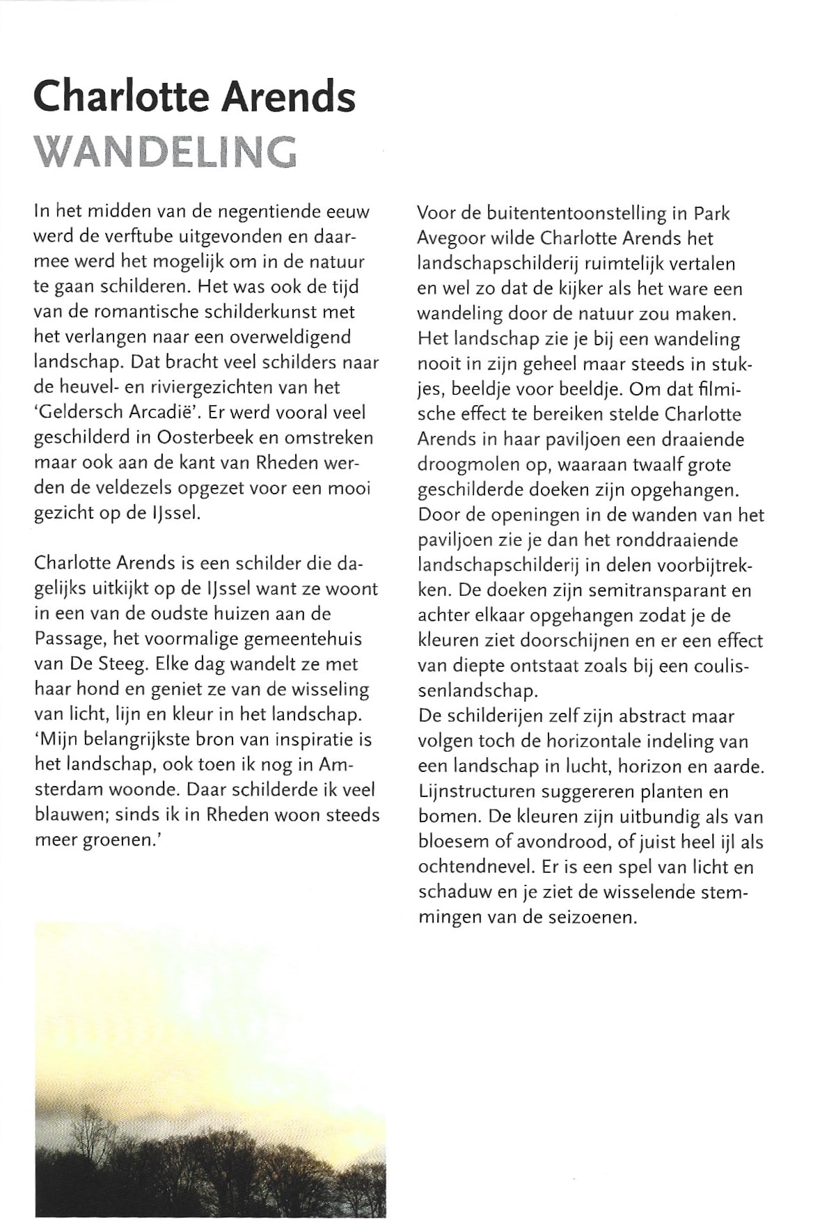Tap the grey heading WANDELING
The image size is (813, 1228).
[165, 151]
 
